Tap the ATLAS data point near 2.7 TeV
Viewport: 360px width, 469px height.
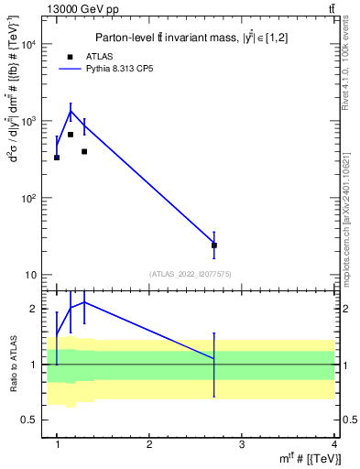(x=214, y=245)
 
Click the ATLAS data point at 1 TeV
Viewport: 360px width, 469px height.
(x=57, y=158)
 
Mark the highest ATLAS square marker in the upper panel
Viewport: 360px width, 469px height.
(x=71, y=135)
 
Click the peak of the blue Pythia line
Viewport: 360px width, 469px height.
(x=71, y=112)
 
